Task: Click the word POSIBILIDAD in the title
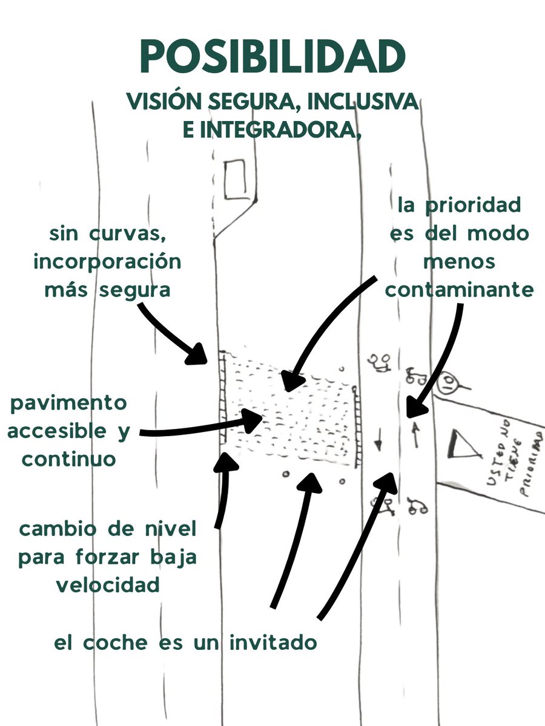[x=272, y=57]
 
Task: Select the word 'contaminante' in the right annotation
[x=460, y=290]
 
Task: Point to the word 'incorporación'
[x=108, y=262]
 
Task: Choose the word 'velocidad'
[x=108, y=585]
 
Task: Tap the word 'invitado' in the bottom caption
[x=272, y=642]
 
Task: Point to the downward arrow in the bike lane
[x=378, y=440]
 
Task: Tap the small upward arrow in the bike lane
[x=416, y=434]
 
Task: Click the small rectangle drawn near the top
[x=234, y=180]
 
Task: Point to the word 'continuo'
[x=69, y=459]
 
